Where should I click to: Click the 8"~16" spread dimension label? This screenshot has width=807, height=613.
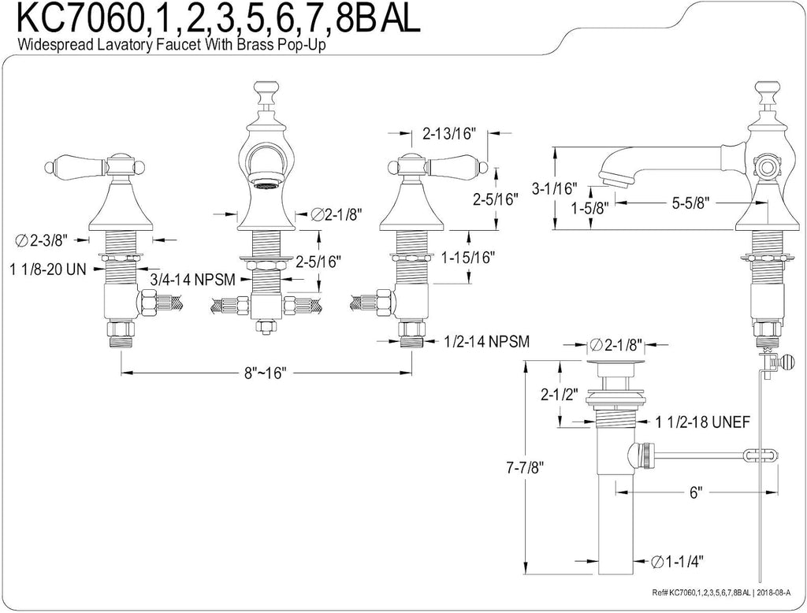click(265, 372)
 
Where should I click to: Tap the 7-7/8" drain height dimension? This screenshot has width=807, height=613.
click(525, 468)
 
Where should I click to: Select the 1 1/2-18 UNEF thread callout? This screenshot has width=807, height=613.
click(702, 422)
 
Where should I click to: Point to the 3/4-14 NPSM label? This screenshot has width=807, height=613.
click(193, 280)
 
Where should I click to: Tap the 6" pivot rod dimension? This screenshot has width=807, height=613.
click(696, 492)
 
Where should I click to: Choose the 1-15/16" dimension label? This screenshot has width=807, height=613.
click(468, 257)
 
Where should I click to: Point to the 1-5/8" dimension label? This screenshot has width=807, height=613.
click(589, 208)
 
